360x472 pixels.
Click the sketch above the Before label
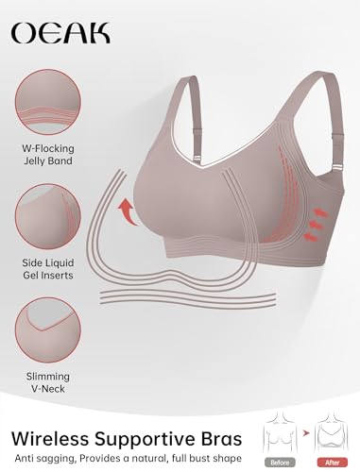click(x=280, y=432)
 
